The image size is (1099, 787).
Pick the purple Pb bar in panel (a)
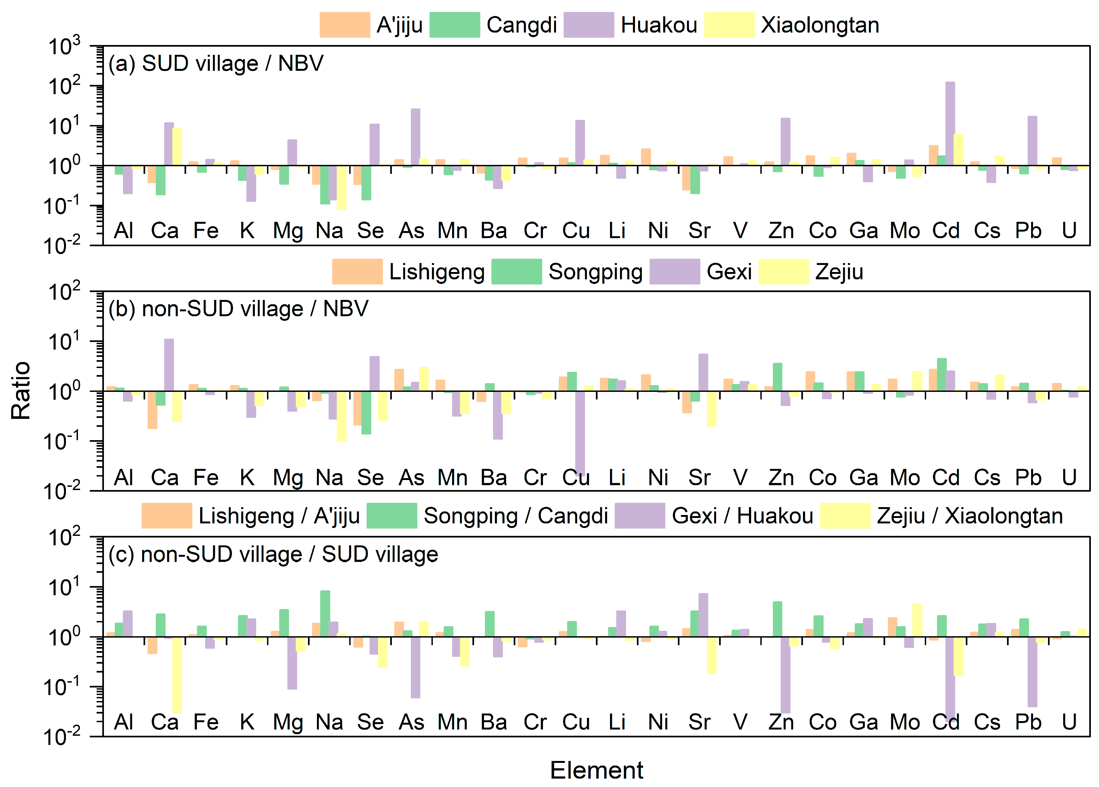tap(1032, 140)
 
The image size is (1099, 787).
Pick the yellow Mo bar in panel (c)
tap(917, 620)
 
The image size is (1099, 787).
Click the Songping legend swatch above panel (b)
tap(517, 271)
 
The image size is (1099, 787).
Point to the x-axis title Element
tap(596, 770)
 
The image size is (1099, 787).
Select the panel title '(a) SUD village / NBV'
tap(216, 63)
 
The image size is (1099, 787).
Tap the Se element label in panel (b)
tap(370, 478)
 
